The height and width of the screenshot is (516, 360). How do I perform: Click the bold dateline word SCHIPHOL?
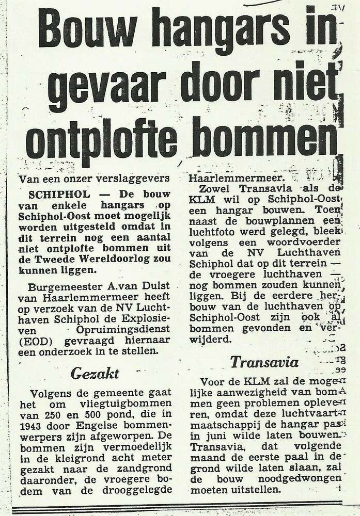[56, 194]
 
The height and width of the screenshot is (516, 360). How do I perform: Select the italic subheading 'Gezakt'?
[96, 373]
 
